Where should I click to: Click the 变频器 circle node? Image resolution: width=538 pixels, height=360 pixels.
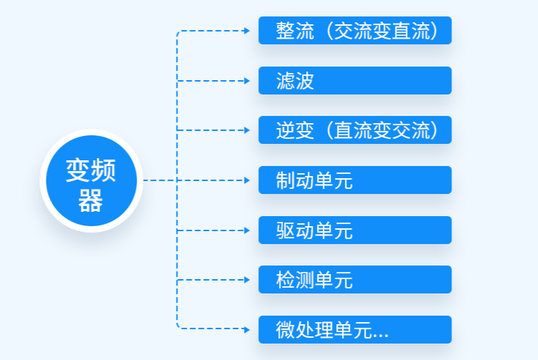pyautogui.click(x=92, y=180)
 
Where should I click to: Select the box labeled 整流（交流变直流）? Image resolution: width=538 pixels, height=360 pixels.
pyautogui.click(x=355, y=31)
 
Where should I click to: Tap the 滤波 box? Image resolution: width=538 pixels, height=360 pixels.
pyautogui.click(x=355, y=81)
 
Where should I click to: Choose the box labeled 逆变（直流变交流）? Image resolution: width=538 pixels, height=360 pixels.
pyautogui.click(x=355, y=130)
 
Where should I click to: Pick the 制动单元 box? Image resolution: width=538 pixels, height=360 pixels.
pyautogui.click(x=355, y=180)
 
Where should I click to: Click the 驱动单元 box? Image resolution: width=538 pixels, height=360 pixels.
pyautogui.click(x=355, y=230)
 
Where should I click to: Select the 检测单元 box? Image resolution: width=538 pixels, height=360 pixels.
pyautogui.click(x=355, y=280)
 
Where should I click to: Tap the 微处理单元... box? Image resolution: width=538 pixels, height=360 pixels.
pyautogui.click(x=355, y=329)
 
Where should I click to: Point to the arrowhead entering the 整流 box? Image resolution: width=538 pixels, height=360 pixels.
pyautogui.click(x=247, y=31)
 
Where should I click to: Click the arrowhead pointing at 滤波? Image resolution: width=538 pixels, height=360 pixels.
pyautogui.click(x=247, y=81)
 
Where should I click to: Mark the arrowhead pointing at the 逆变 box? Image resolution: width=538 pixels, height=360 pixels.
pyautogui.click(x=247, y=130)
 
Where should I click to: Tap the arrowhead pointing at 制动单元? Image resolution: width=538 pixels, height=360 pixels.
pyautogui.click(x=247, y=180)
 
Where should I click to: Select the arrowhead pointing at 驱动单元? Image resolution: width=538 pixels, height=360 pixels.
pyautogui.click(x=247, y=230)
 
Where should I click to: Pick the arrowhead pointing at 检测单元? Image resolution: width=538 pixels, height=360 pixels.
pyautogui.click(x=247, y=280)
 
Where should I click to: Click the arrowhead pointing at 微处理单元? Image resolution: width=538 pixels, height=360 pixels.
pyautogui.click(x=247, y=330)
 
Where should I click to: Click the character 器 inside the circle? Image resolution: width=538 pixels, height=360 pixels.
pyautogui.click(x=91, y=200)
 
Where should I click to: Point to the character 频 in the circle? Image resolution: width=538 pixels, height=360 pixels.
pyautogui.click(x=104, y=170)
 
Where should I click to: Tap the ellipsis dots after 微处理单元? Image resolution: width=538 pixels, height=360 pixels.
pyautogui.click(x=381, y=336)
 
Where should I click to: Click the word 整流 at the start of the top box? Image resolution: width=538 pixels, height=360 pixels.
pyautogui.click(x=295, y=31)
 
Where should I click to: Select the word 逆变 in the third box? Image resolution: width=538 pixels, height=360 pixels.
pyautogui.click(x=295, y=130)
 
